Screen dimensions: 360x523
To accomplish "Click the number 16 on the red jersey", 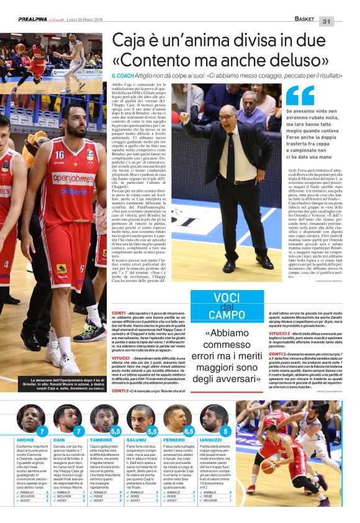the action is coord(59,155).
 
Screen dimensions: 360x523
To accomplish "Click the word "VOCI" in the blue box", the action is coord(227,298).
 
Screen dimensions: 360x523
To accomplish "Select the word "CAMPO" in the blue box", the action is coord(226,315).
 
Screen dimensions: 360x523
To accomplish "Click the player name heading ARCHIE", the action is coord(25,439).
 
